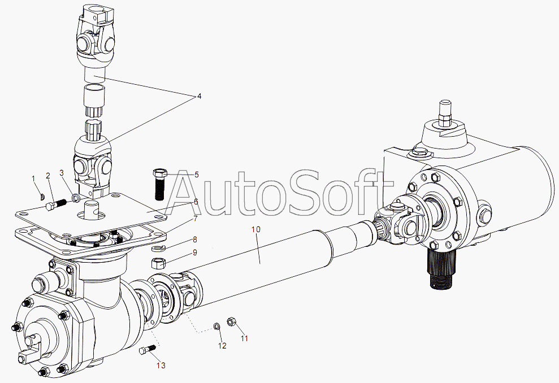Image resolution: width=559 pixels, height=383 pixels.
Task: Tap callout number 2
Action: [48, 176]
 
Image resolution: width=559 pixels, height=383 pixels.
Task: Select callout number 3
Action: [62, 173]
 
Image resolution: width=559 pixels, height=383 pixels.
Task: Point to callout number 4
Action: [199, 97]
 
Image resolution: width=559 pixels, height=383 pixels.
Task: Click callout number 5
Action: [197, 175]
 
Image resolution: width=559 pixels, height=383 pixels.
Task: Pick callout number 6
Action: [196, 202]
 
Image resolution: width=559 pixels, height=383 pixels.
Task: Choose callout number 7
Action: [196, 218]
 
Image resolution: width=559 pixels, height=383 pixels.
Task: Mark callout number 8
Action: [194, 240]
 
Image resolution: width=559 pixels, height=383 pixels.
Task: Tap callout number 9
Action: [194, 253]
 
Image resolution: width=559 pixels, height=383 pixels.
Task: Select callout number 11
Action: [244, 338]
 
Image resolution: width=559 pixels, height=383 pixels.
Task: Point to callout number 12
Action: [222, 345]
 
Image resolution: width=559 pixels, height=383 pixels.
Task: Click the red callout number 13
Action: [161, 365]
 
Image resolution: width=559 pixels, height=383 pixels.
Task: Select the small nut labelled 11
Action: [231, 322]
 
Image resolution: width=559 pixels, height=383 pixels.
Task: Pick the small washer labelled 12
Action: [217, 326]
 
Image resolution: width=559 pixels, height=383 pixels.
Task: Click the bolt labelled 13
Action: [146, 351]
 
